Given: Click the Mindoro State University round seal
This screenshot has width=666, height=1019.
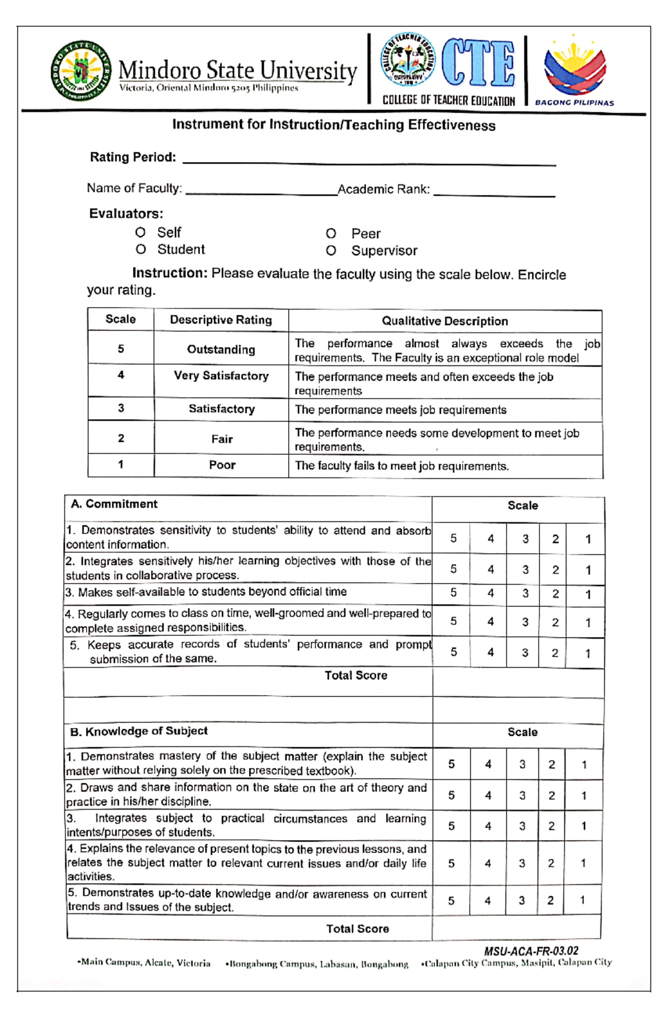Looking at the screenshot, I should coord(80,71).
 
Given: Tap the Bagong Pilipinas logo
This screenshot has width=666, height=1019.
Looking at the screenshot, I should coord(575,70).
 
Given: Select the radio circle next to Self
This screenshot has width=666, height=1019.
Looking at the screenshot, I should coord(140,232).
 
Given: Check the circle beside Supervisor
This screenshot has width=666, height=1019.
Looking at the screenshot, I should coord(331,250).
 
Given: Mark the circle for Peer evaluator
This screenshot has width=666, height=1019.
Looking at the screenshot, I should coord(331,233).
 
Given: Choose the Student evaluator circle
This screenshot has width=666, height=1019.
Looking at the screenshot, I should coord(140,249).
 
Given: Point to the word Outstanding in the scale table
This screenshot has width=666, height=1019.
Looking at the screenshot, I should coord(221,349).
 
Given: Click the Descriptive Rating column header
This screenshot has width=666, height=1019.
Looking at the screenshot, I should coord(221,320).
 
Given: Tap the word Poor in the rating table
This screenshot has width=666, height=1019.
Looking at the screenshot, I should coord(222,465).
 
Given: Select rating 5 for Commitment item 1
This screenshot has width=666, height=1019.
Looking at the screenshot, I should coord(453,538).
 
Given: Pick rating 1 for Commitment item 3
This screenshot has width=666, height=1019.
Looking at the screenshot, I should coord(588,594).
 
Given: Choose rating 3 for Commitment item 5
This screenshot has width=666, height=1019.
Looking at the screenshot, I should coord(524,652).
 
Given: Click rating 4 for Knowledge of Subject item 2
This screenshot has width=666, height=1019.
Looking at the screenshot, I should coord(488,795).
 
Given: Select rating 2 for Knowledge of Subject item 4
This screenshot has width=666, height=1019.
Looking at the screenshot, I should coord(551,863).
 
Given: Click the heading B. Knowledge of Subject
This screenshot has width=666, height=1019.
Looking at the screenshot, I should coord(139,731).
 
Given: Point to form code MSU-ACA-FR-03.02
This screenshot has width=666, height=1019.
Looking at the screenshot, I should coord(531,951).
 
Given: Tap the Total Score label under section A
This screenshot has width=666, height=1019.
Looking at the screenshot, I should coord(356,675).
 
